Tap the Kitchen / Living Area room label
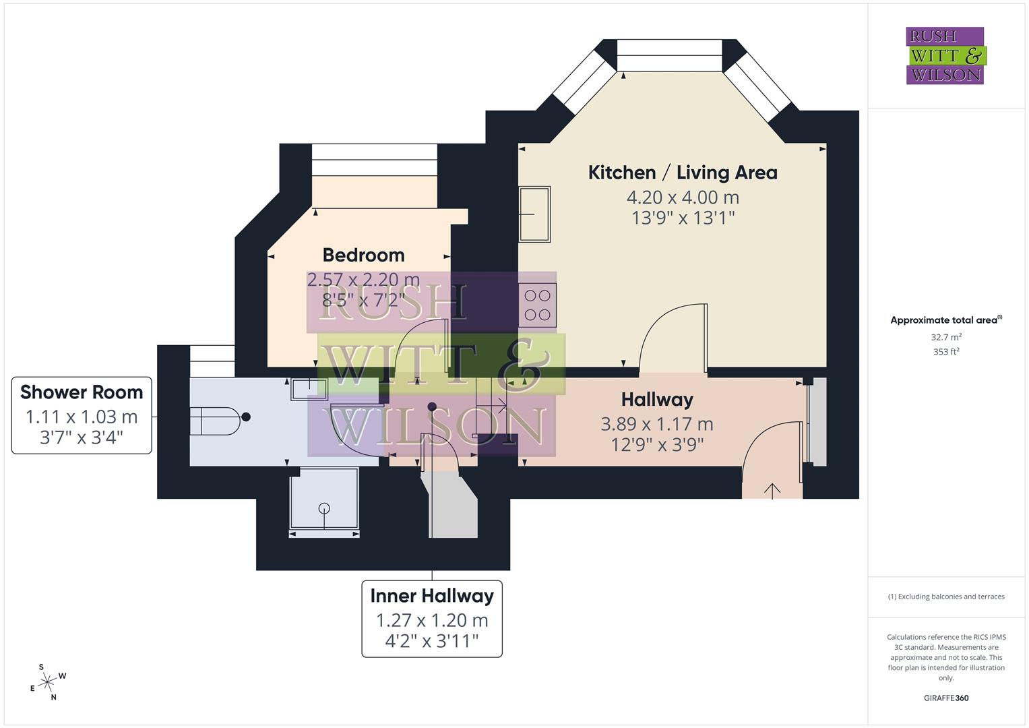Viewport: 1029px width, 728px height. pos(682,173)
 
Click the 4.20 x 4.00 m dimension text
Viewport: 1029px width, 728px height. pos(682,198)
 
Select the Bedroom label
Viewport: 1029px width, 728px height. pos(363,255)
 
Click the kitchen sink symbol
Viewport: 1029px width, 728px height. pos(534,214)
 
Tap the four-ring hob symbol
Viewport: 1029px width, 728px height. pos(538,305)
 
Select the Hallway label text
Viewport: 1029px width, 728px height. pos(656,400)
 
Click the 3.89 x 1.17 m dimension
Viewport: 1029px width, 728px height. pos(656,424)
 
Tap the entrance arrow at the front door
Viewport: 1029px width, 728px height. pos(772,490)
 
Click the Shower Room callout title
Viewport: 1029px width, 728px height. pos(82,392)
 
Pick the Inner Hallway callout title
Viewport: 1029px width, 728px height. pos(431,596)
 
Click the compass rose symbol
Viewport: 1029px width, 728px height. pos(47,682)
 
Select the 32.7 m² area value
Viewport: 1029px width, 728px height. pos(945,337)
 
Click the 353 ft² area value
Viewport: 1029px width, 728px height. pos(945,352)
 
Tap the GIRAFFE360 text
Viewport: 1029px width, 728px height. pos(945,698)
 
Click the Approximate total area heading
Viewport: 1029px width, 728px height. pos(943,321)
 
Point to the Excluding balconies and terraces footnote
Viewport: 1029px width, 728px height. pos(945,597)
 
